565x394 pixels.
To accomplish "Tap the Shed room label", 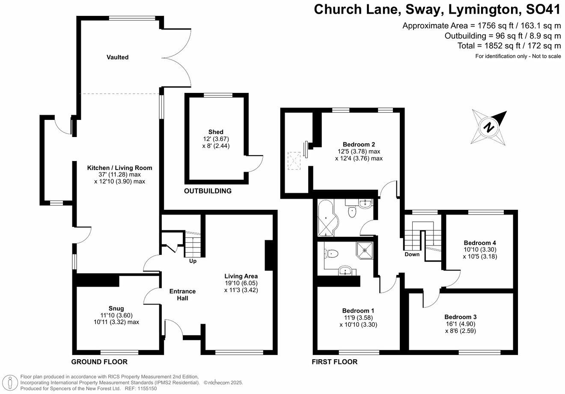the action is click(216, 132).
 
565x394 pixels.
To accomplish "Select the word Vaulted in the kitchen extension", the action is click(117, 57).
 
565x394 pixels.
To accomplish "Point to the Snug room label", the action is click(116, 308).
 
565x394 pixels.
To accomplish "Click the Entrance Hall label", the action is click(182, 295).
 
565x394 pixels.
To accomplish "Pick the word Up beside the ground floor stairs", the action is click(193, 261).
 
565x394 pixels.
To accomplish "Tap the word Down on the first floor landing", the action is click(412, 254).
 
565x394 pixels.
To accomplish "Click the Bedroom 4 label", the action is click(480, 243).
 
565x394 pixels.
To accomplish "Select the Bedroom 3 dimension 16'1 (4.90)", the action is click(460, 324).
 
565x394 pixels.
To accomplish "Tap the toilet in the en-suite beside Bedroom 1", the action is click(331, 253).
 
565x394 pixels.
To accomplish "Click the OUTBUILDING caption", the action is click(208, 191).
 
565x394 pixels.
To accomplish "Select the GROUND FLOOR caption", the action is click(99, 362).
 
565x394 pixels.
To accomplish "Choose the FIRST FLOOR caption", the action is click(334, 362).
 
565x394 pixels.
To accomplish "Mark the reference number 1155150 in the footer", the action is click(147, 388).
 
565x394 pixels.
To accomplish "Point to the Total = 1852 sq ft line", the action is click(509, 46).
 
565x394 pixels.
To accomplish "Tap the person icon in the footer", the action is click(10, 382).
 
